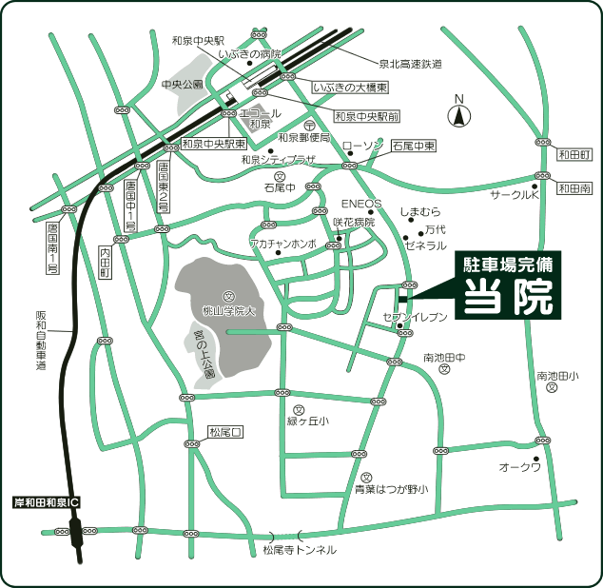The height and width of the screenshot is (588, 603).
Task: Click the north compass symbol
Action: (x=458, y=116)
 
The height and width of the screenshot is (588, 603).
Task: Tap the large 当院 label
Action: (x=509, y=297)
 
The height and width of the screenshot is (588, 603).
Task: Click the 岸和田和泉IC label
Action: (x=47, y=501)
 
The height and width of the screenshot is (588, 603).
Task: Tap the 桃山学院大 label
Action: (x=228, y=310)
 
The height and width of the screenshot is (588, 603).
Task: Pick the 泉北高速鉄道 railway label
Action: (x=410, y=64)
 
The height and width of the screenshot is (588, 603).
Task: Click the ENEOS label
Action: (x=360, y=204)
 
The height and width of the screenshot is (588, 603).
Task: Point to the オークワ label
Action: (x=520, y=467)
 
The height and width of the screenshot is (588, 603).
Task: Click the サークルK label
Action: (x=515, y=195)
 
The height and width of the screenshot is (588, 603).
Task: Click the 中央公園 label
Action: (x=183, y=84)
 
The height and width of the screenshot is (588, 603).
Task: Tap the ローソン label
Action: (x=361, y=146)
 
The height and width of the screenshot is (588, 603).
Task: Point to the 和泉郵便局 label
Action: (x=303, y=138)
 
